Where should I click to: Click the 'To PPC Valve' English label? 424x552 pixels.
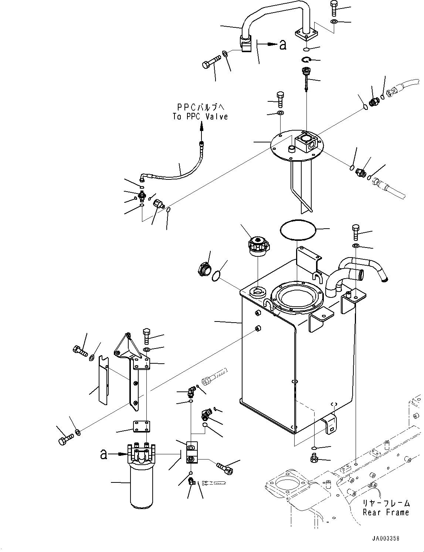point(200,117)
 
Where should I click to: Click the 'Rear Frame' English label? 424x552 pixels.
point(386,512)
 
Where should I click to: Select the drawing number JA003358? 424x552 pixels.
point(386,539)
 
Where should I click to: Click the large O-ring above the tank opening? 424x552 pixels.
point(298,230)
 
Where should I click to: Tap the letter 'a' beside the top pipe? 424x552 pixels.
point(283,45)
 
